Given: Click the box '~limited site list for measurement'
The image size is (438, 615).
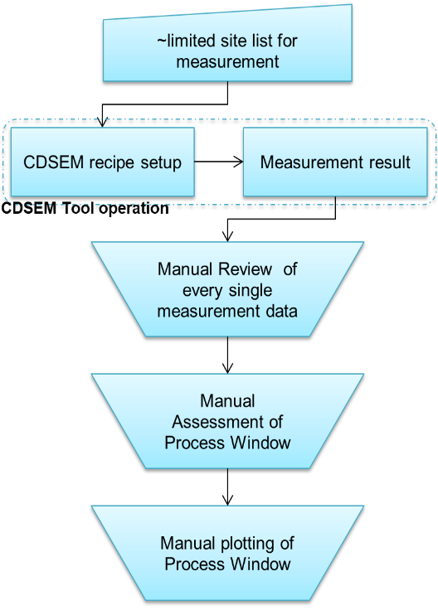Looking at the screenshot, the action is point(227,47).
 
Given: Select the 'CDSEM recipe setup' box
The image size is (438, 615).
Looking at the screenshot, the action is point(102,162).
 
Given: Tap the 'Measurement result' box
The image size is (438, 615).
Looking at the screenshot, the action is point(335,162).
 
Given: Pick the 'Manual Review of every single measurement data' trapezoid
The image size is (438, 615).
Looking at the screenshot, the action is point(227,289).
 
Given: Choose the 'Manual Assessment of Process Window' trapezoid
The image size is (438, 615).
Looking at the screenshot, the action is point(227,421).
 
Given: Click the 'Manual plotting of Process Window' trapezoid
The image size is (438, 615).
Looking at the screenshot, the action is point(227,553).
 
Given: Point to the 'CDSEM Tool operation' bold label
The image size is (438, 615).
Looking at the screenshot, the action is point(85,208).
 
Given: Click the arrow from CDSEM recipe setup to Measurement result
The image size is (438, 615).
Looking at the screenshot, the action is point(219,162).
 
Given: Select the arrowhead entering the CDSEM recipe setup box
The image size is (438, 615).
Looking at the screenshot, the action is point(102,122).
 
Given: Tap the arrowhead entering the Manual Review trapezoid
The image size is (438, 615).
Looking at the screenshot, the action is point(227,236).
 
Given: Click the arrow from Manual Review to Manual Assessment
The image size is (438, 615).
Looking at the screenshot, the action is point(227,355).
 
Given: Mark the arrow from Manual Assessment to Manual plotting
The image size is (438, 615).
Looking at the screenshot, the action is point(227,487).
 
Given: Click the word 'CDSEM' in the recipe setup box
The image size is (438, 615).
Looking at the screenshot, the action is point(53,162).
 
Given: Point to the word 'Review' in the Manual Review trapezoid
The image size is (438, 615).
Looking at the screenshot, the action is point(246,269).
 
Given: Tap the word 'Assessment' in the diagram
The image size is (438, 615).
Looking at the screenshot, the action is point(218,422).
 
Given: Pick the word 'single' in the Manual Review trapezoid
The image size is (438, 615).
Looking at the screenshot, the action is point(251,291).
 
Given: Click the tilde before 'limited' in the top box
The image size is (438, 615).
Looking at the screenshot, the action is point(162,41).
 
